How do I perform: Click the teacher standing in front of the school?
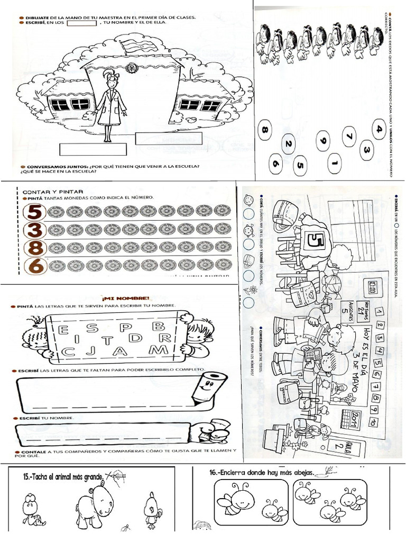point(110,106)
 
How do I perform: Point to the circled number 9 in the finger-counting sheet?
point(323,141)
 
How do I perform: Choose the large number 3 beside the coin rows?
point(35,230)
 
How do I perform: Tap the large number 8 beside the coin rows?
point(35,248)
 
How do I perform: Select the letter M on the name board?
point(157,350)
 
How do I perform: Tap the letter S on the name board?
point(94,328)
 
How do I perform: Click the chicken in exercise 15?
point(151,509)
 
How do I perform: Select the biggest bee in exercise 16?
point(237,500)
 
